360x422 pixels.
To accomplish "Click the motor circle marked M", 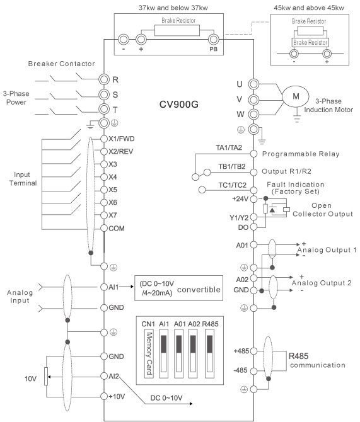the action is click(x=296, y=96).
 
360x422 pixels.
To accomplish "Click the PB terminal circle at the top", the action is click(x=213, y=40).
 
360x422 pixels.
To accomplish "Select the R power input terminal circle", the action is click(x=104, y=79).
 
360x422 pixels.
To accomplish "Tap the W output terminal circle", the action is click(x=253, y=114).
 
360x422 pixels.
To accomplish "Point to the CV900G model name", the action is click(x=179, y=105).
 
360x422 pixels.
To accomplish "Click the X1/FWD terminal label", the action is click(x=121, y=139).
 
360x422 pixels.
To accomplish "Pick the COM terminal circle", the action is click(x=104, y=228).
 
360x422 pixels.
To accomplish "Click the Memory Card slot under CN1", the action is click(x=149, y=353).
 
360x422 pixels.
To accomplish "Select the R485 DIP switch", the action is click(x=210, y=353).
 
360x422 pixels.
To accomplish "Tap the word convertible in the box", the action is click(x=199, y=290).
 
